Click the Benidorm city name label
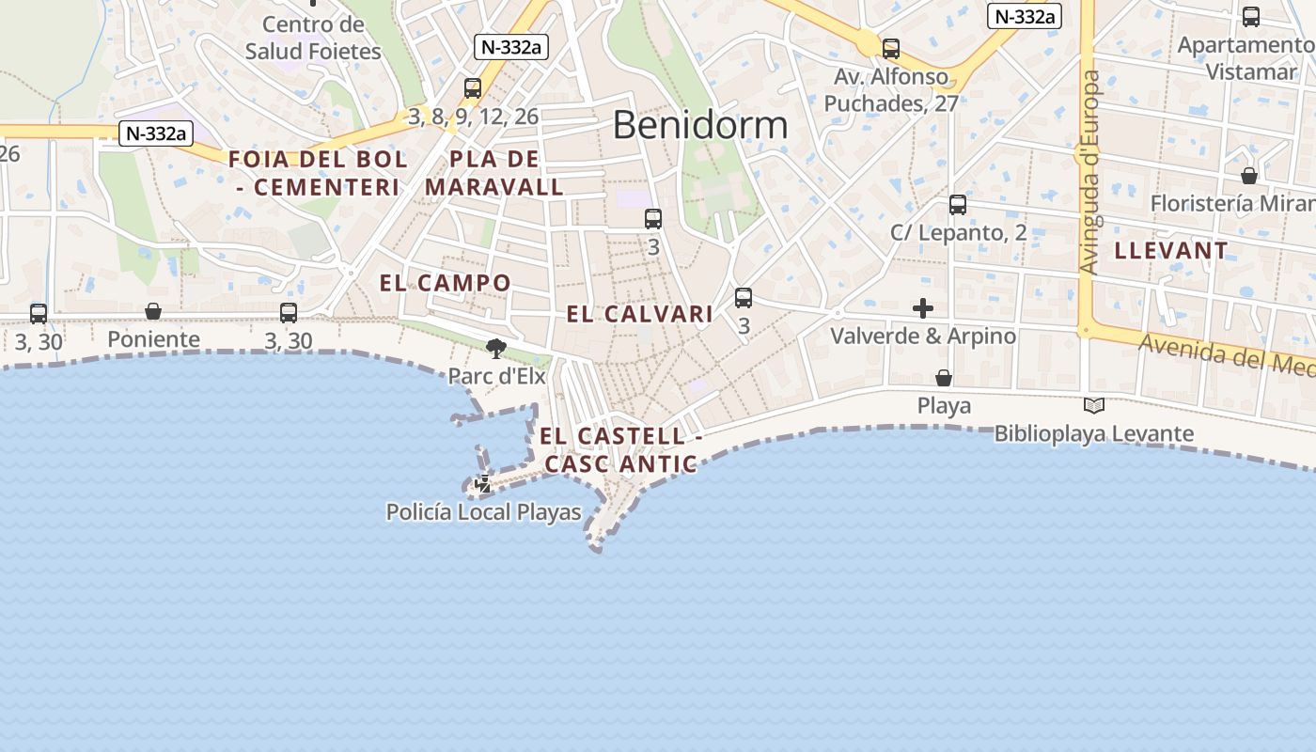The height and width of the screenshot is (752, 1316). tap(700, 125)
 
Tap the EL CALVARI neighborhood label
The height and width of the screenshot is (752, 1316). tap(639, 314)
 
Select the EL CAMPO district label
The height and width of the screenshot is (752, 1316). tap(446, 283)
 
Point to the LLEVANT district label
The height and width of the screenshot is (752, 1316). tap(1171, 251)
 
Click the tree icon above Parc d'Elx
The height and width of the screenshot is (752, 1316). tap(495, 349)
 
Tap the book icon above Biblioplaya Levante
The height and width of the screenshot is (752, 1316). tap(1093, 406)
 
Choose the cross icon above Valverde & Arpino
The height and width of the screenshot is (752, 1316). tap(923, 307)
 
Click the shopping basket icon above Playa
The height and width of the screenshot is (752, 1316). tap(944, 378)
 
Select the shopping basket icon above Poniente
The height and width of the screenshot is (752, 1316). tap(153, 311)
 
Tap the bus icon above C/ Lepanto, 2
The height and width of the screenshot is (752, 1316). tap(958, 204)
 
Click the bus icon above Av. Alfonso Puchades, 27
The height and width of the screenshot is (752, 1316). tap(890, 48)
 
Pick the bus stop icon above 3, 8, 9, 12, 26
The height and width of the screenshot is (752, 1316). tap(473, 87)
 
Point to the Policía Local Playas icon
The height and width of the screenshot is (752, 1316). tap(483, 485)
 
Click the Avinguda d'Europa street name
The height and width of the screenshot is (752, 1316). tap(1090, 174)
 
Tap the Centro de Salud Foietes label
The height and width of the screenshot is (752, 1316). tap(313, 38)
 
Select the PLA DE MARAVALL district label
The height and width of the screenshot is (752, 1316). tap(494, 173)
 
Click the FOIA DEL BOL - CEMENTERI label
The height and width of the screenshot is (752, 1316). tap(318, 173)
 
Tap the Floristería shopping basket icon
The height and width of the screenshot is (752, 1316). tap(1249, 176)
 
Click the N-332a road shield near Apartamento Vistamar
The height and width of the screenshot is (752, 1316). tap(1025, 16)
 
